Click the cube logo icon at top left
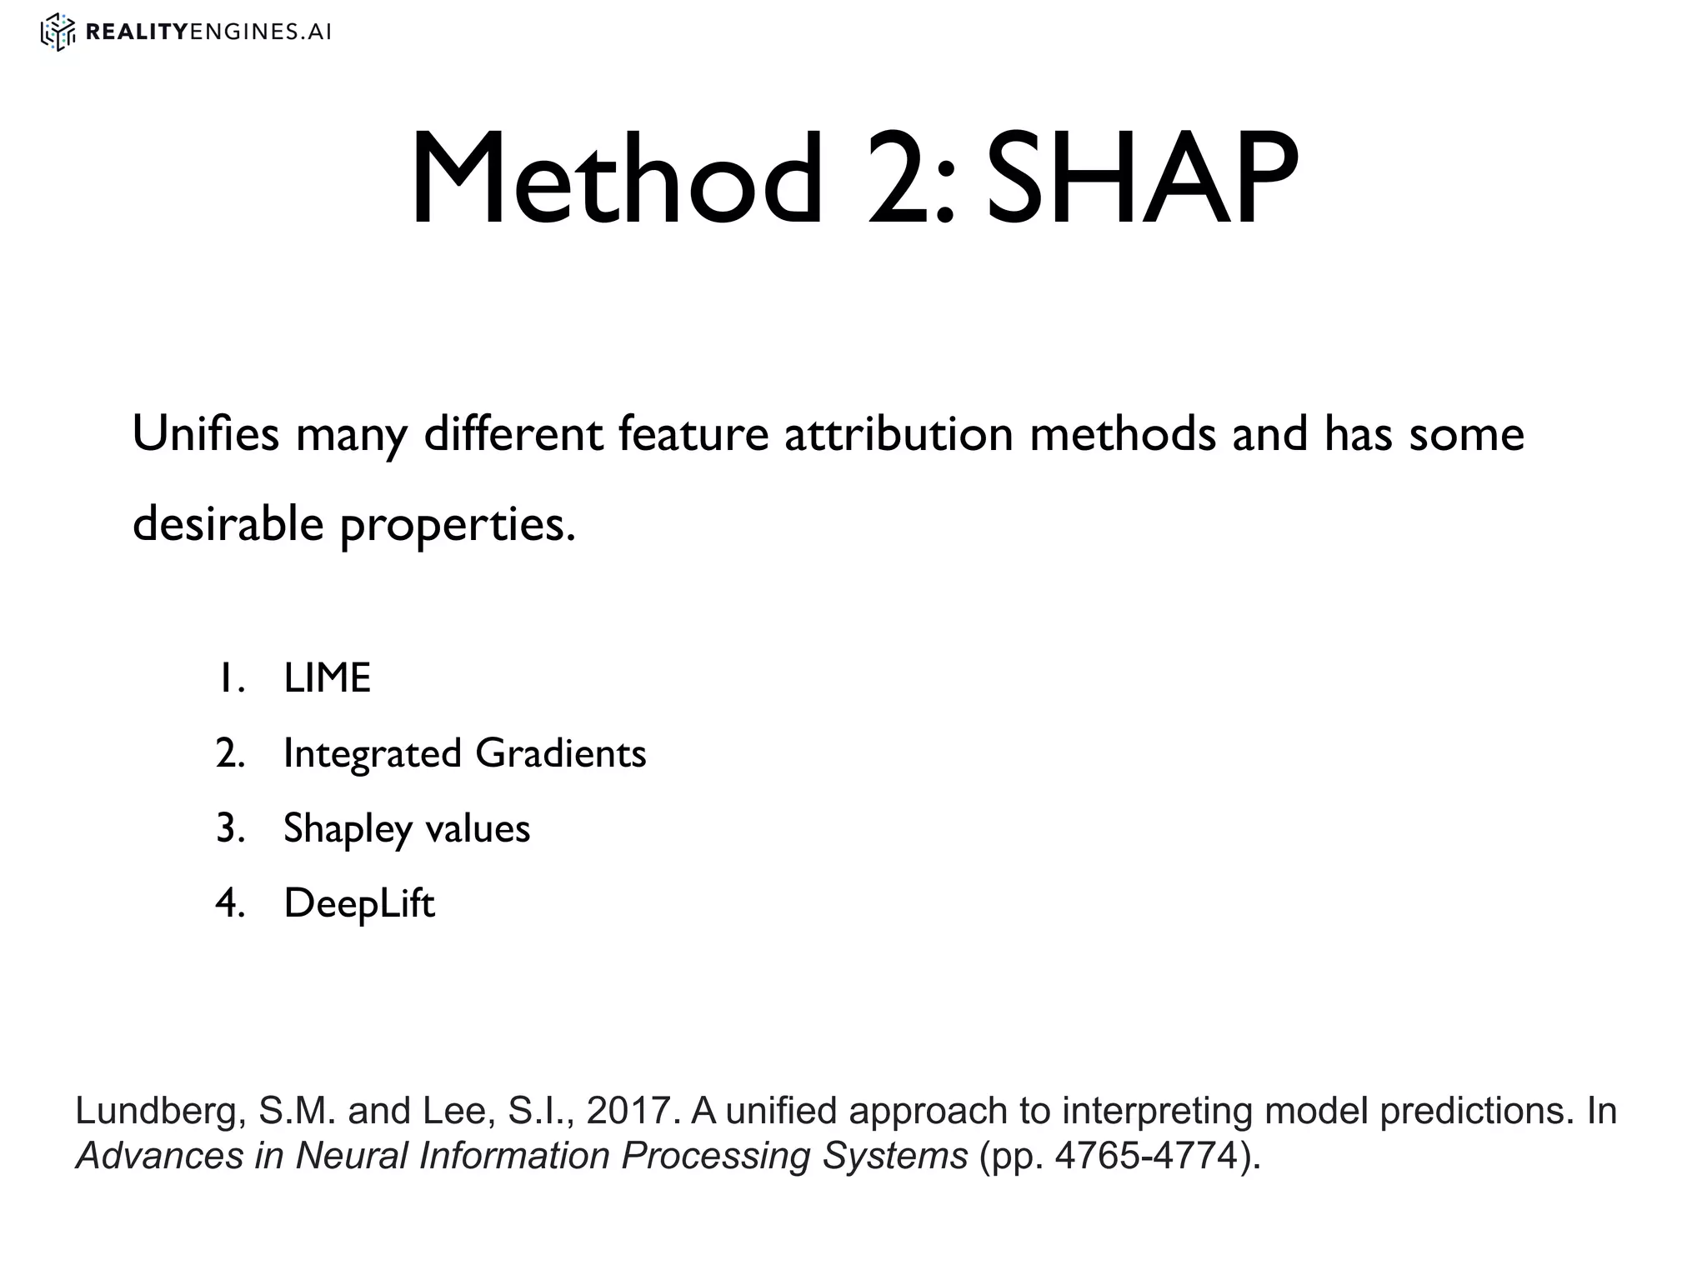click(x=58, y=32)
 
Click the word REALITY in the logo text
click(x=138, y=32)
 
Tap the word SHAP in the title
click(x=1141, y=178)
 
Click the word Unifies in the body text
click(x=205, y=434)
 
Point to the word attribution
click(x=899, y=434)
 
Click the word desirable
click(x=228, y=524)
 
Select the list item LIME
click(x=327, y=677)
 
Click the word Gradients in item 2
click(x=560, y=753)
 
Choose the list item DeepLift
click(x=359, y=903)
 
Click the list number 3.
click(x=229, y=828)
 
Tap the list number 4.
click(x=229, y=903)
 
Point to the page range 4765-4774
click(x=1147, y=1156)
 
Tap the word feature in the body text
click(x=693, y=434)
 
